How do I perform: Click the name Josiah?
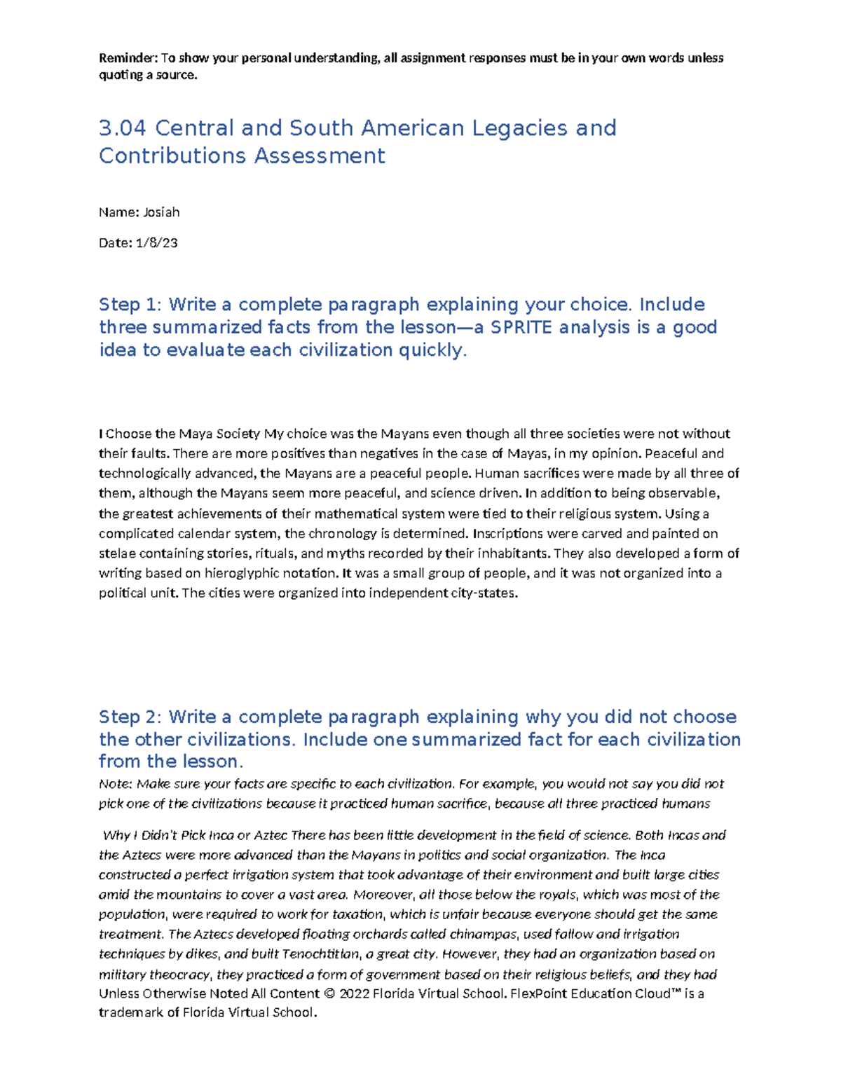coord(161,212)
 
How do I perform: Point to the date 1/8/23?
coord(156,243)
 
